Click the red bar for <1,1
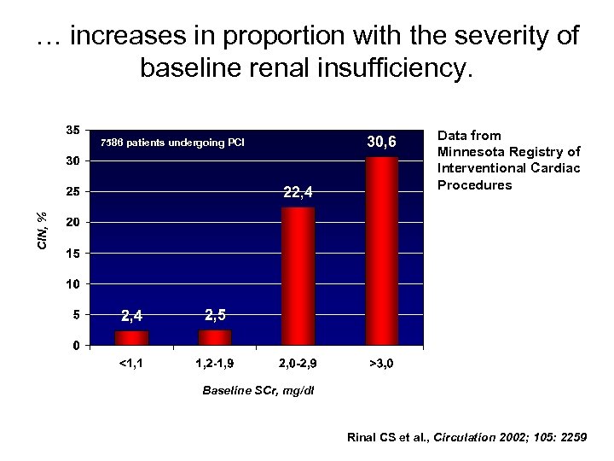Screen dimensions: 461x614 click(132, 338)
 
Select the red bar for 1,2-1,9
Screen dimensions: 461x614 click(215, 338)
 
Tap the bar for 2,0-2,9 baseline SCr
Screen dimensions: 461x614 click(298, 276)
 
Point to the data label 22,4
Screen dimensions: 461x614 click(298, 193)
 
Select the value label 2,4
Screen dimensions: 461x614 click(133, 317)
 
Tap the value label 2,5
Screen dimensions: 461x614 click(216, 314)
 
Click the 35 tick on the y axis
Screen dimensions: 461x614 click(73, 130)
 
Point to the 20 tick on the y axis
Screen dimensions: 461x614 click(73, 223)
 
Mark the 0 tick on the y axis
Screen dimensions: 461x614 click(77, 346)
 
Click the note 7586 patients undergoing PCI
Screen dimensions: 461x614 click(172, 142)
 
